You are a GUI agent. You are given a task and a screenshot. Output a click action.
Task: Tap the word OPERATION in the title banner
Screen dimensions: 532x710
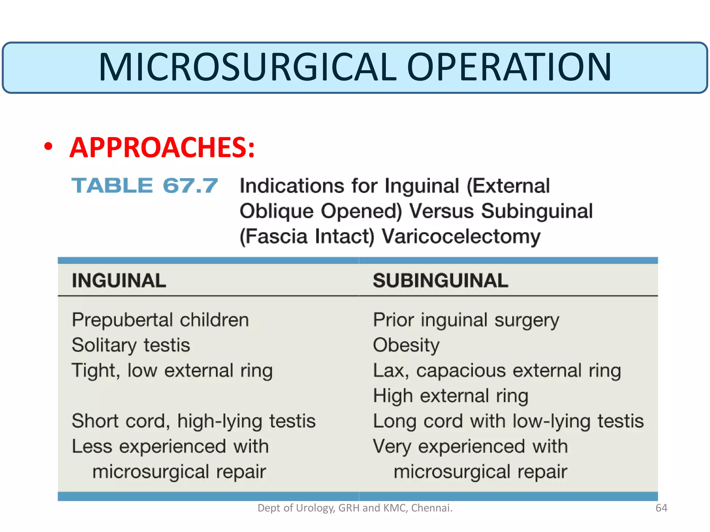pyautogui.click(x=509, y=67)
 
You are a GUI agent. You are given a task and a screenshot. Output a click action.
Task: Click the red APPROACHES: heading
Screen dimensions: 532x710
pyautogui.click(x=162, y=148)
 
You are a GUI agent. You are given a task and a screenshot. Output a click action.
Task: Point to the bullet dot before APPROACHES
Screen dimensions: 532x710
pyautogui.click(x=49, y=147)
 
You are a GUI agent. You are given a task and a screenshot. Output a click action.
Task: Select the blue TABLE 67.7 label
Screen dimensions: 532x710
pyautogui.click(x=145, y=186)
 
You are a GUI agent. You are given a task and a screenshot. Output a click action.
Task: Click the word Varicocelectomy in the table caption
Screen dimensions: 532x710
pyautogui.click(x=461, y=237)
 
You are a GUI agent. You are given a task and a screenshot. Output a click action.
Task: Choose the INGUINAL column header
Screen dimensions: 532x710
pyautogui.click(x=119, y=281)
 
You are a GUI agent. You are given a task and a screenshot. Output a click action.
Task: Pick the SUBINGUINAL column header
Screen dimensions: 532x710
pyautogui.click(x=440, y=281)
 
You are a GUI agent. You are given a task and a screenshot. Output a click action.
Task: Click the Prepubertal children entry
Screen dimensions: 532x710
pyautogui.click(x=160, y=320)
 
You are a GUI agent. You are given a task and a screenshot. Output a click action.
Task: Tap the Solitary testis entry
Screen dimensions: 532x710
pyautogui.click(x=131, y=345)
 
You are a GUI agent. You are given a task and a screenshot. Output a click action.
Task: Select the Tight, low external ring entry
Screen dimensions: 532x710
pyautogui.click(x=172, y=371)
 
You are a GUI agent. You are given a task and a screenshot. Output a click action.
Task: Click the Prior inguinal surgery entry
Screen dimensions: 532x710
pyautogui.click(x=466, y=320)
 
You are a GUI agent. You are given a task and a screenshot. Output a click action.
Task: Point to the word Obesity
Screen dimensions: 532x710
pyautogui.click(x=406, y=345)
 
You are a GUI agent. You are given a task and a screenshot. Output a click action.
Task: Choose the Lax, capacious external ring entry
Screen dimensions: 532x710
pyautogui.click(x=497, y=371)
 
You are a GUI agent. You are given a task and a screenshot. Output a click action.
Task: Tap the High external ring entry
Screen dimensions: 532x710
pyautogui.click(x=450, y=396)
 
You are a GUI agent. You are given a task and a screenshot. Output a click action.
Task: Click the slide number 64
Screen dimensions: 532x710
pyautogui.click(x=661, y=508)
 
